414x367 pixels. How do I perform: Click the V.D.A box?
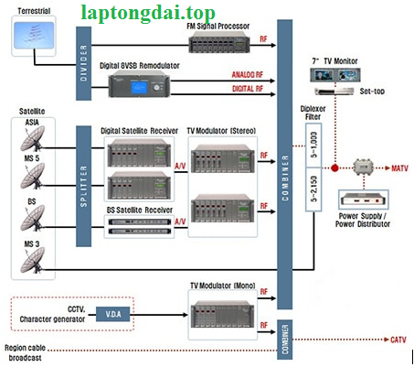[113, 314]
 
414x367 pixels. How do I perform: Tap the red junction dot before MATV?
[334, 167]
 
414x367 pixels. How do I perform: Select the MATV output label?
[399, 168]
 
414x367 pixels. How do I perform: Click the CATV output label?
[398, 340]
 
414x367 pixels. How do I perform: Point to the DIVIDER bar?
[83, 63]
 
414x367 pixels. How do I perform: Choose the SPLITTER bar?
[83, 186]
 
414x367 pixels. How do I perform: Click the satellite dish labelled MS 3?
[33, 260]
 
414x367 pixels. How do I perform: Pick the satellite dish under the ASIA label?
[33, 139]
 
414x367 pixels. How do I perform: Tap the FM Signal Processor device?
[219, 42]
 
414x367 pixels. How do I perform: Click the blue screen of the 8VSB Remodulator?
[139, 88]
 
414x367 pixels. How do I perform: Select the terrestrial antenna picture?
[34, 36]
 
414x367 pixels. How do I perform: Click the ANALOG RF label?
[247, 75]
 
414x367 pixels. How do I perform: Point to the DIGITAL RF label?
[248, 89]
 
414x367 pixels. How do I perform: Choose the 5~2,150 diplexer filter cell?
[313, 189]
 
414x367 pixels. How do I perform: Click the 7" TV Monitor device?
[335, 75]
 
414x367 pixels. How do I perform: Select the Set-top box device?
[334, 92]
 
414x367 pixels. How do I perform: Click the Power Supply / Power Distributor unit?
[364, 200]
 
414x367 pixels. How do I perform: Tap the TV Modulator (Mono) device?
[222, 314]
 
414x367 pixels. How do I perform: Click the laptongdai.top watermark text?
[148, 13]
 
